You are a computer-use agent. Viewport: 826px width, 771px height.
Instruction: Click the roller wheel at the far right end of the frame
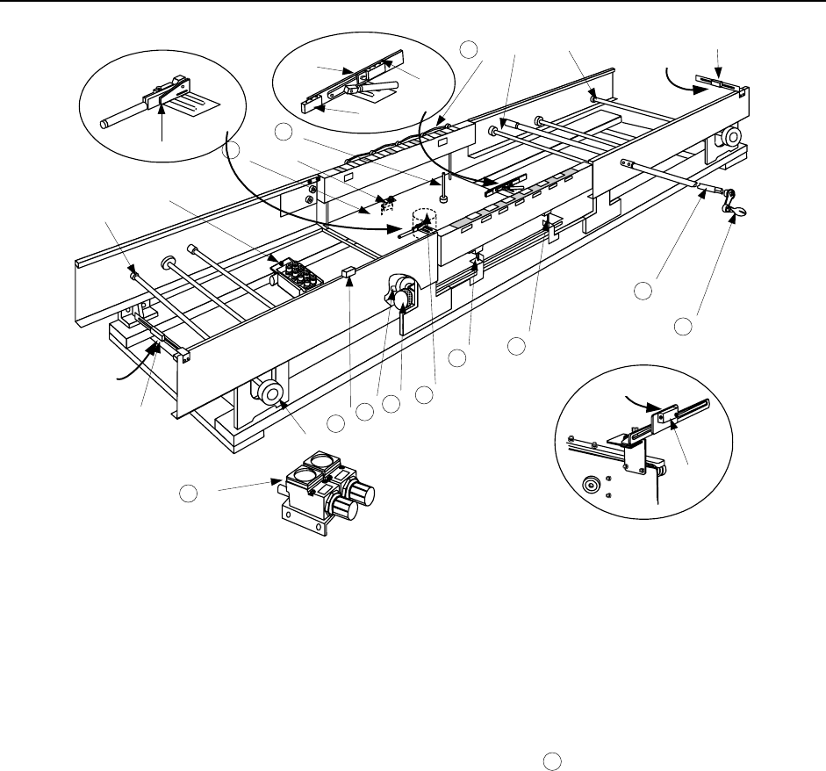click(x=728, y=138)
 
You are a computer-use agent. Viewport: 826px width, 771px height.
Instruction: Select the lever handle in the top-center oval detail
click(x=376, y=88)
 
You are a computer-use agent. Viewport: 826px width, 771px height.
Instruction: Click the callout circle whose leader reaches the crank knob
click(x=684, y=328)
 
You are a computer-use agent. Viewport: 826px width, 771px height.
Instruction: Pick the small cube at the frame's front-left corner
click(x=184, y=355)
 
